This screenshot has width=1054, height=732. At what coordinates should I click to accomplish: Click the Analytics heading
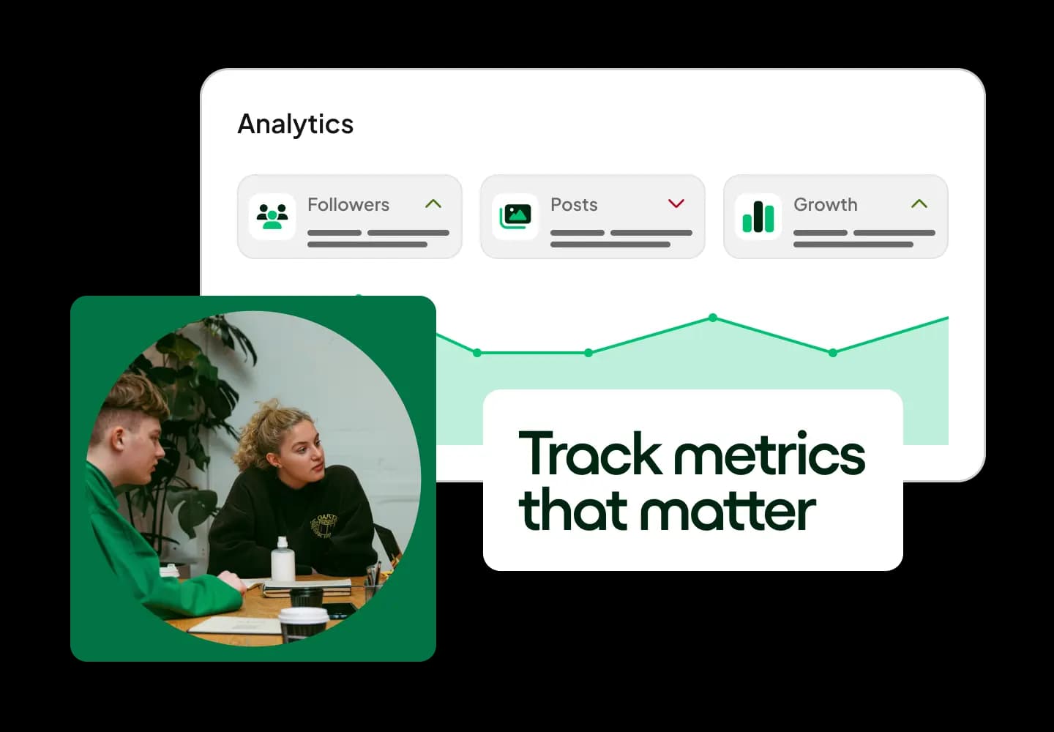click(295, 124)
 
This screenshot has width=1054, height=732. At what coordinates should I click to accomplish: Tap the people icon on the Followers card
click(272, 217)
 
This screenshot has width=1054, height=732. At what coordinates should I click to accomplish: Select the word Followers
click(348, 205)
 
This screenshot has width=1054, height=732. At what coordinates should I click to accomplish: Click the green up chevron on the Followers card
click(433, 204)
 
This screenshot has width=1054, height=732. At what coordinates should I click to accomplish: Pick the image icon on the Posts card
click(515, 217)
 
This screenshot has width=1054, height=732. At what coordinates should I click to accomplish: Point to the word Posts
click(574, 205)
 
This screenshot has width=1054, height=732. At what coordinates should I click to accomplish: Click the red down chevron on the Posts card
click(676, 203)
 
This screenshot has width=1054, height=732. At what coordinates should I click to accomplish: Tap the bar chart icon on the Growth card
click(758, 217)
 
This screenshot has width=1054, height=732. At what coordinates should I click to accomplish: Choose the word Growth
click(825, 205)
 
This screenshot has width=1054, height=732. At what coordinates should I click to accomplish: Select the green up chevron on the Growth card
click(919, 204)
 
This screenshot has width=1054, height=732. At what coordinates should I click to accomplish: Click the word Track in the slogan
click(590, 454)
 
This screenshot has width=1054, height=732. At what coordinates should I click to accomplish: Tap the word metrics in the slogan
click(769, 454)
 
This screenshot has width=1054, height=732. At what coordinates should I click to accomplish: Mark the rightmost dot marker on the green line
click(832, 353)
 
